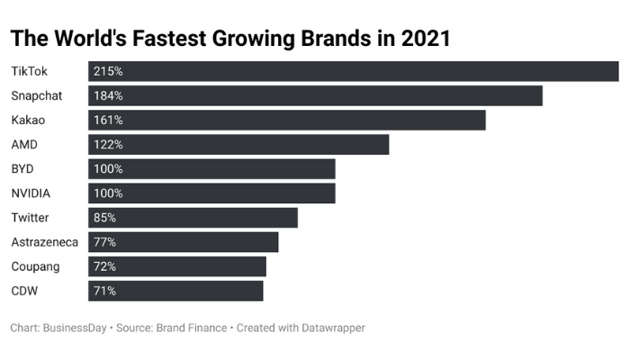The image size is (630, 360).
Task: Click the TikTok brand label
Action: pyautogui.click(x=30, y=71)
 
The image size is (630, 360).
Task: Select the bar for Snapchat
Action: pyautogui.click(x=315, y=95)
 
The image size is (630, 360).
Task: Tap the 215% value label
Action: pyautogui.click(x=108, y=71)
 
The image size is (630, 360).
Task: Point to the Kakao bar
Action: pyautogui.click(x=287, y=120)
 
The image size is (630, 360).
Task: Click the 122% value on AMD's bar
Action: pyautogui.click(x=108, y=144)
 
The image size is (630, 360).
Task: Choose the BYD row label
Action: pyautogui.click(x=23, y=168)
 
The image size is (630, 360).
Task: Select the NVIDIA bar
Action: pyautogui.click(x=211, y=193)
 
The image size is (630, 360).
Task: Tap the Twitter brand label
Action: pyautogui.click(x=30, y=217)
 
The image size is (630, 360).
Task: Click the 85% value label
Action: pyautogui.click(x=104, y=217)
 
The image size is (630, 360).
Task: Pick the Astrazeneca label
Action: pyautogui.click(x=44, y=241)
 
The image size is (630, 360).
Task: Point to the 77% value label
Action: pyautogui.click(x=104, y=241)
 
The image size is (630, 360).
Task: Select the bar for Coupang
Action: pyautogui.click(x=177, y=265)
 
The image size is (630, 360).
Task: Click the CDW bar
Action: pyautogui.click(x=175, y=290)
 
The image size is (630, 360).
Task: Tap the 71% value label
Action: pyautogui.click(x=104, y=290)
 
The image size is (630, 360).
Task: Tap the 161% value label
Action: pyautogui.click(x=108, y=120)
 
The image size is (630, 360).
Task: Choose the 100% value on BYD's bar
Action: pyautogui.click(x=108, y=168)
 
